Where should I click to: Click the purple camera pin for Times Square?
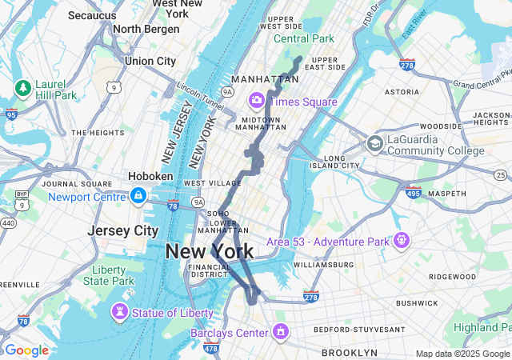(x=257, y=101)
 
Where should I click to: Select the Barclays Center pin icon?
(x=281, y=330)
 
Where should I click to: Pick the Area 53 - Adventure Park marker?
(x=401, y=239)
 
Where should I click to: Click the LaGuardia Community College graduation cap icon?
(x=374, y=144)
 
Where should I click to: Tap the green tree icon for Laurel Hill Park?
(x=23, y=86)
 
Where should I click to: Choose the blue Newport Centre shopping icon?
(x=139, y=195)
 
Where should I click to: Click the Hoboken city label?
(x=150, y=176)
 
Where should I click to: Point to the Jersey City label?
(x=122, y=230)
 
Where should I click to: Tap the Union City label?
(x=150, y=61)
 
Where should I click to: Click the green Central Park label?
(x=304, y=38)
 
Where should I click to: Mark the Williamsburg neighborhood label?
(x=323, y=264)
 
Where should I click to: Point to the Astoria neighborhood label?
(x=402, y=92)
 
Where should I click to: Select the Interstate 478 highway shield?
(x=211, y=348)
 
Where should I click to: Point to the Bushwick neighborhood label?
(x=416, y=303)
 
